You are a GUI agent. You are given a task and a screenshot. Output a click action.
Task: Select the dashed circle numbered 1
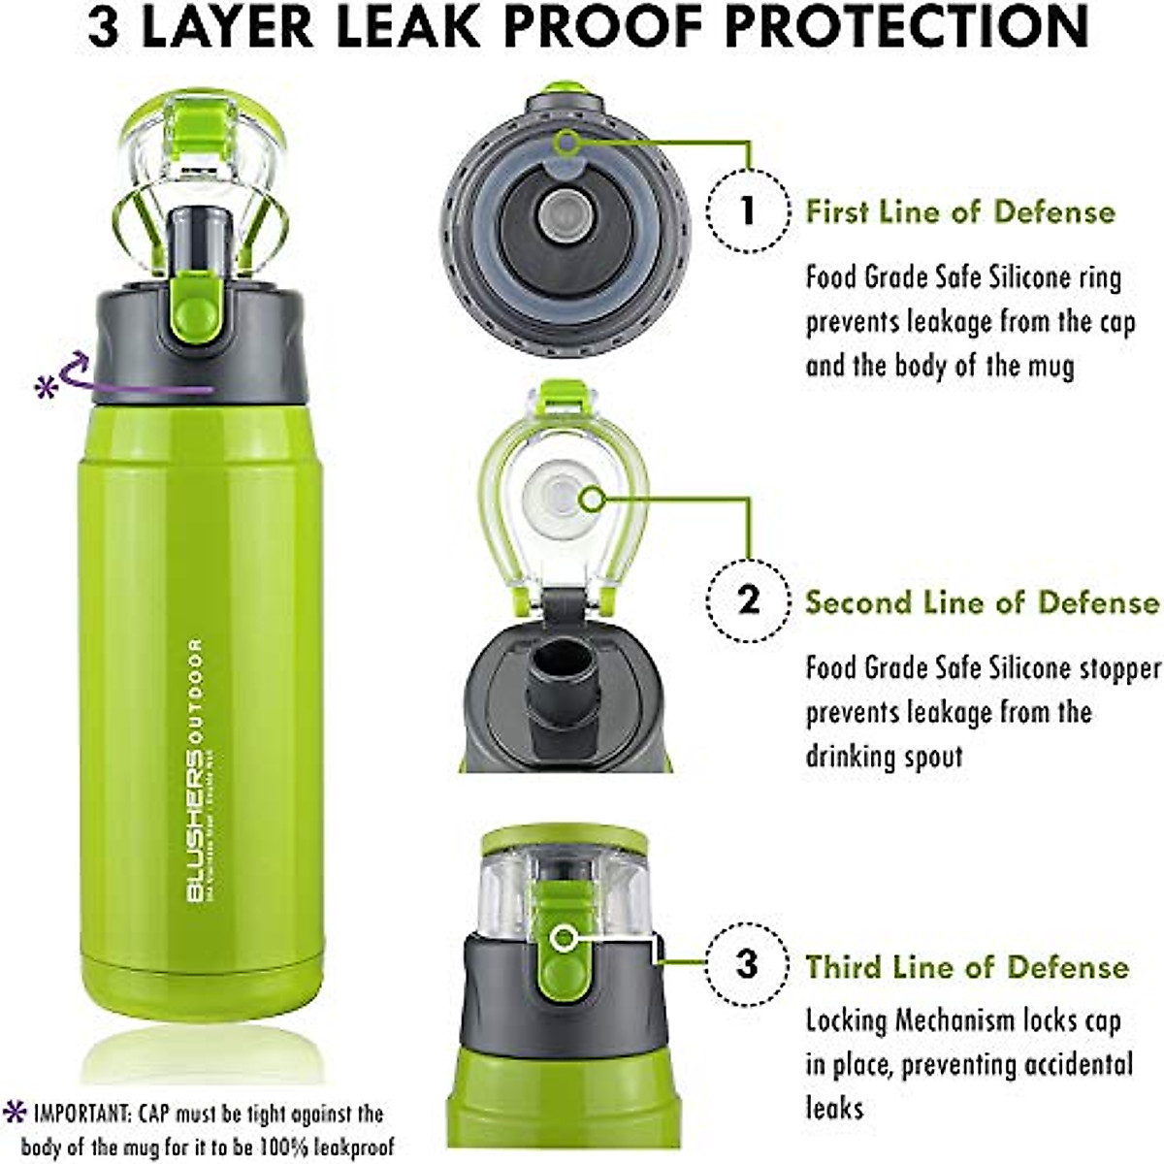pyautogui.click(x=747, y=210)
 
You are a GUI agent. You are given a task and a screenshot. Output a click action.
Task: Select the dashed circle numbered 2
pyautogui.click(x=748, y=600)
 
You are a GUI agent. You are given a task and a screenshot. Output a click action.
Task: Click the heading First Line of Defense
pyautogui.click(x=960, y=211)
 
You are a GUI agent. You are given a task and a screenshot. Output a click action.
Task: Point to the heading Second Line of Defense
pyautogui.click(x=982, y=602)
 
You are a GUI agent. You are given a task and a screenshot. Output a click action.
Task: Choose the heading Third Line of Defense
pyautogui.click(x=967, y=967)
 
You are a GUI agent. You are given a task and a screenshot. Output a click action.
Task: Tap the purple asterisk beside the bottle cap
pyautogui.click(x=46, y=388)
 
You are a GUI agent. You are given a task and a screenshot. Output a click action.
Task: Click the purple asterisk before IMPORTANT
pyautogui.click(x=15, y=1112)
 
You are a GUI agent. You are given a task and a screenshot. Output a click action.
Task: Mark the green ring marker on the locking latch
pyautogui.click(x=563, y=938)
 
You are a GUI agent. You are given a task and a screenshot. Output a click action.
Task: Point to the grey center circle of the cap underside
pyautogui.click(x=560, y=210)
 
